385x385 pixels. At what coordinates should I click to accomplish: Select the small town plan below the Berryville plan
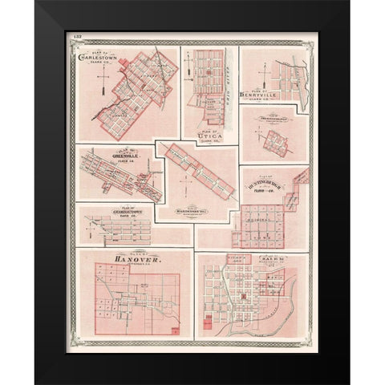pyautogui.click(x=274, y=143)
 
